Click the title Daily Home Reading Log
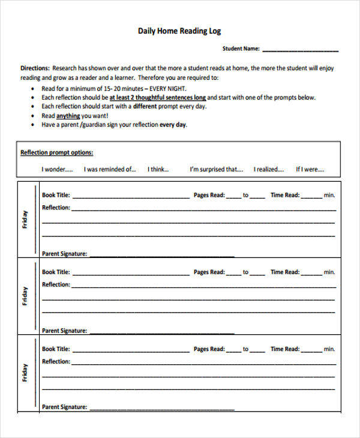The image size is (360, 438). tap(180, 31)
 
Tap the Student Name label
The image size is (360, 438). tap(241, 49)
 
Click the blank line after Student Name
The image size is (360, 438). tap(300, 50)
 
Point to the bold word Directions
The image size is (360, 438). tap(35, 68)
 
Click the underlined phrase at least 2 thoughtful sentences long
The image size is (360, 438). tap(158, 97)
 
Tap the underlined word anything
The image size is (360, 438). tap(68, 116)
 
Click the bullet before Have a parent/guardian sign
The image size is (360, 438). tap(32, 125)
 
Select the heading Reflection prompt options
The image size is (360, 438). tap(57, 152)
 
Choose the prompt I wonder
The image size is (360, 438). tap(57, 169)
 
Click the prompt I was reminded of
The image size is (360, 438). tap(110, 169)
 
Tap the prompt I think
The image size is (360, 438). tap(159, 169)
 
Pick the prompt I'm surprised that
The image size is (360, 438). tap(216, 169)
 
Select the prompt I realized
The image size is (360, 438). tap(268, 169)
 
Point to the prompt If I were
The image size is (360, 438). tap(310, 169)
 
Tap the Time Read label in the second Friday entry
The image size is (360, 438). tap(284, 272)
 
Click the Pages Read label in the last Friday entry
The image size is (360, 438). tap(209, 349)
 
